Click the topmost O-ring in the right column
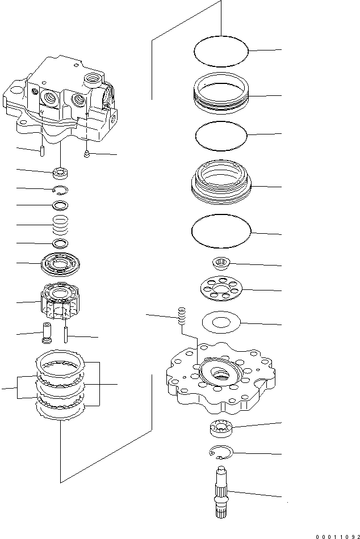click(221, 52)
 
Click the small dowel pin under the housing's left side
click(43, 151)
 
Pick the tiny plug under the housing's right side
click(86, 153)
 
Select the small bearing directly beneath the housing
click(60, 172)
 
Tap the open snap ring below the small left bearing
click(60, 190)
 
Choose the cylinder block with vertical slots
click(60, 300)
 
